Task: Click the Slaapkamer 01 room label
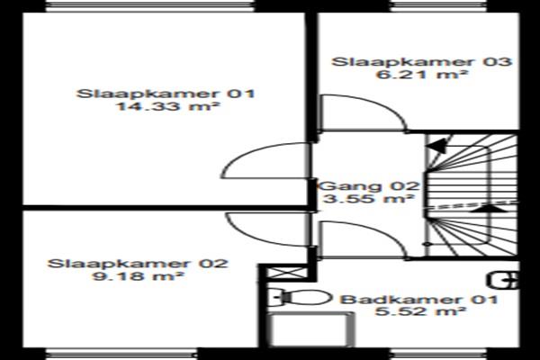coord(166,94)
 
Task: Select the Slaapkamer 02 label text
coord(138,264)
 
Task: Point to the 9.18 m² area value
coord(138,276)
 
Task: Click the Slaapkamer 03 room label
coord(422,62)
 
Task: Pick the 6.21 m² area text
coord(422,74)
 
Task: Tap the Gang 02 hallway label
coord(368,186)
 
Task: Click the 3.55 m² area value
coord(368,199)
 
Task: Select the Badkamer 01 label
coord(419,300)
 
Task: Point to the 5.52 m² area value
coord(420,311)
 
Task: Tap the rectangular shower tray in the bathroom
coord(311,329)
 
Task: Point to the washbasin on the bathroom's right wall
coord(503,280)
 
